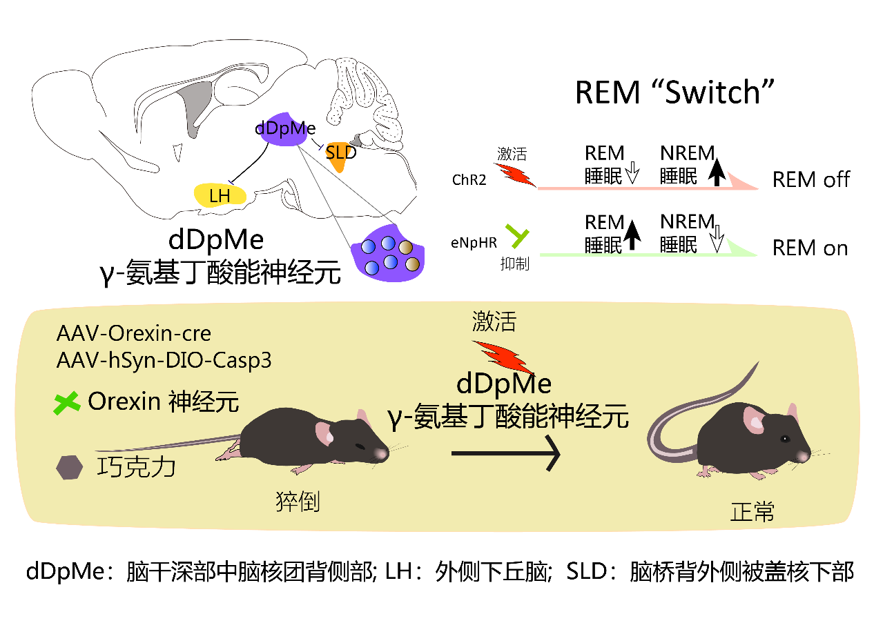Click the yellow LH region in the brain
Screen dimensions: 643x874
[220, 195]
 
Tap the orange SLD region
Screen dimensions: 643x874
[340, 156]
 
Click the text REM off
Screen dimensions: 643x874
[810, 180]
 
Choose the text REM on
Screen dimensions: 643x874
[810, 248]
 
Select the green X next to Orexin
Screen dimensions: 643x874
[68, 404]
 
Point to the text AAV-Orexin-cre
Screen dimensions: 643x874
[134, 334]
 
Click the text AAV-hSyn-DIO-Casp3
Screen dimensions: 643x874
[164, 360]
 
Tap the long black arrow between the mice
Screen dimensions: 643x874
[504, 454]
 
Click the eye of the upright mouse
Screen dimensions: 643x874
[785, 439]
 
